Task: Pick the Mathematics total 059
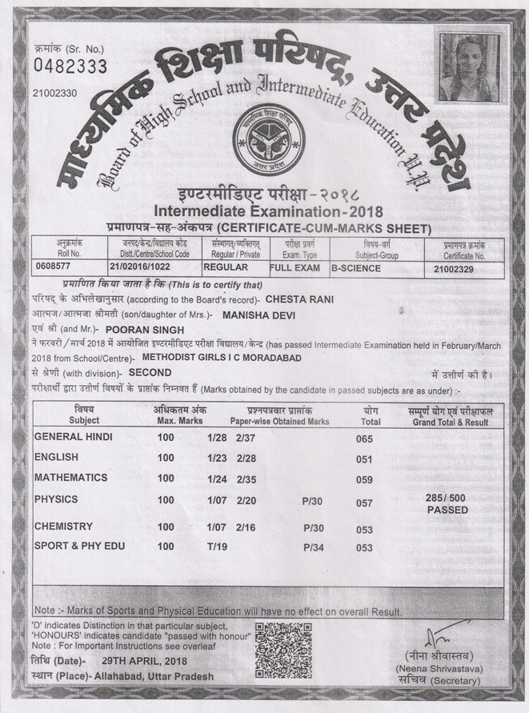364,480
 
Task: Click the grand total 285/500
447,498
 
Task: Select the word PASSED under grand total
447,510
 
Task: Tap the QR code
283,649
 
